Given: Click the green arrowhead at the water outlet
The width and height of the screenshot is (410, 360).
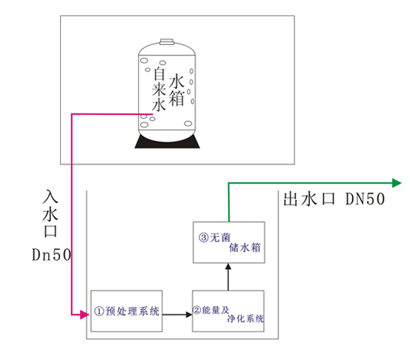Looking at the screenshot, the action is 397,183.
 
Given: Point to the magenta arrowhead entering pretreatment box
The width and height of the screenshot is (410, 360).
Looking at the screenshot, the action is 85,315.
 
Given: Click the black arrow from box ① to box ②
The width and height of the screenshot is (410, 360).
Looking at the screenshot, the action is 177,315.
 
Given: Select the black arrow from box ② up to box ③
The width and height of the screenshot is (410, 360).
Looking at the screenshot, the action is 228,277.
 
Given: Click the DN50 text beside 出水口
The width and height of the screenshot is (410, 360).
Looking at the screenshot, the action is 365,199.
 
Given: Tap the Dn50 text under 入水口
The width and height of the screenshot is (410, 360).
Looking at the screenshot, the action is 51,254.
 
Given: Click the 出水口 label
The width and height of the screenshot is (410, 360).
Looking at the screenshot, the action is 309,199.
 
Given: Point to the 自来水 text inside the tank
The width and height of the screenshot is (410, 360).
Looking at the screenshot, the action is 159,89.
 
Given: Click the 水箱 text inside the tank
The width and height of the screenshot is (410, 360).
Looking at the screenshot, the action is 176,90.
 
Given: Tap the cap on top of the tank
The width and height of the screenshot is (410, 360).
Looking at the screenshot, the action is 166,42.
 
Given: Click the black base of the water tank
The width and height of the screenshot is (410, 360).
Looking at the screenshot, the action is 167,142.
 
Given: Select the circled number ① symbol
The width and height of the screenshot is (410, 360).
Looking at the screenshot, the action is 99,311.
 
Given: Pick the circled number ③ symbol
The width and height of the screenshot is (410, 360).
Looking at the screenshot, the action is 203,238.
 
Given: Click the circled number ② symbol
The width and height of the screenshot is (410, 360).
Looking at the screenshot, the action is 197,310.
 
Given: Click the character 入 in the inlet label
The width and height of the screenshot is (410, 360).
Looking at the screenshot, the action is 50,197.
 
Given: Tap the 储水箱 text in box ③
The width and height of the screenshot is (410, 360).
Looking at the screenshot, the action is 245,247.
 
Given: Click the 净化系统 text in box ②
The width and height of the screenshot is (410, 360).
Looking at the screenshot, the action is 245,318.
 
